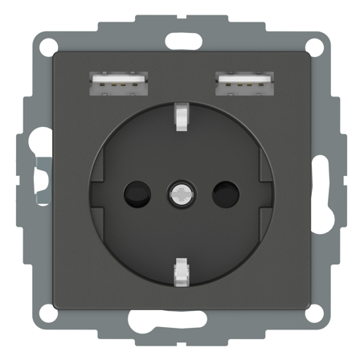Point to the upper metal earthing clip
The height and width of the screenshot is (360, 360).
pyautogui.click(x=180, y=119)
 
